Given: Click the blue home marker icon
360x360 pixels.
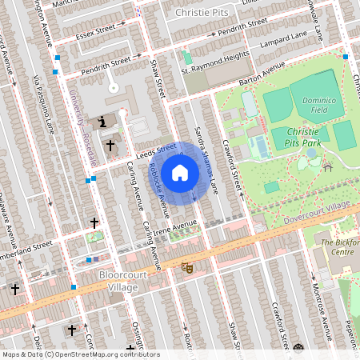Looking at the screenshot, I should click(180, 173).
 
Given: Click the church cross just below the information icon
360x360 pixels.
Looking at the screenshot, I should click(110, 146).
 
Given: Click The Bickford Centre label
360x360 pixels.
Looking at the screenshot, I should click(337, 246).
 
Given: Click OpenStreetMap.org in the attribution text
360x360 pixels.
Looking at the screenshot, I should click(93, 354).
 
